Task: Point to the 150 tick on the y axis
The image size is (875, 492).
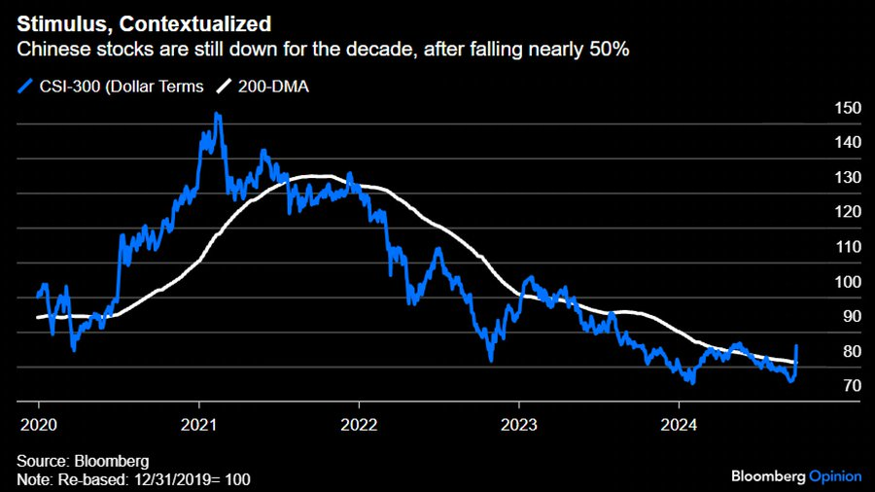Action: (849, 108)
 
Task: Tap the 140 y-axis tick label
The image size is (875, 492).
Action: (849, 143)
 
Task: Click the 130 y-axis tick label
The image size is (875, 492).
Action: (849, 178)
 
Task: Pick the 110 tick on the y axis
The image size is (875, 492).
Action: (849, 247)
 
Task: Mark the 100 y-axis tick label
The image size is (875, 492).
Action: (849, 282)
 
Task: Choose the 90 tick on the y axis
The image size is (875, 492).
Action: (849, 317)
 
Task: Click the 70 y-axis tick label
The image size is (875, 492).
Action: (849, 386)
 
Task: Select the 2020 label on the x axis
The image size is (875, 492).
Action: (39, 424)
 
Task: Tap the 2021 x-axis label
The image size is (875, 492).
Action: (198, 424)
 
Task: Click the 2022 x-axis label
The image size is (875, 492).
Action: (359, 424)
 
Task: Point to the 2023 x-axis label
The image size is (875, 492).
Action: (518, 424)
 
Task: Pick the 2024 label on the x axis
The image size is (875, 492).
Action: (678, 424)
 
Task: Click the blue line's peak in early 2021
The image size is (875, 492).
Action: (217, 115)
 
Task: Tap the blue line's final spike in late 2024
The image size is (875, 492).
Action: (797, 346)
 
